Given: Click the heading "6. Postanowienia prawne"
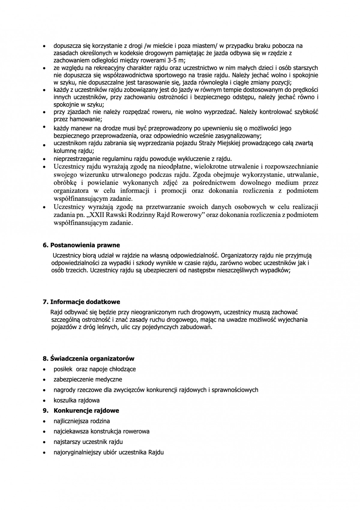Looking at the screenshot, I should [x=81, y=245].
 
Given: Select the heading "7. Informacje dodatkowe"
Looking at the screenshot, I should [x=81, y=302].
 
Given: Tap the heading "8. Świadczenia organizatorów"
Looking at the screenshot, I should [x=88, y=358].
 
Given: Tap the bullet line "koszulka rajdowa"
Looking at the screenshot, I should [x=76, y=400].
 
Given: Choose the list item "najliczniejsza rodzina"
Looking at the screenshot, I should [x=82, y=421].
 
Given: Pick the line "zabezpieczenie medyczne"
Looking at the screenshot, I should [x=88, y=379].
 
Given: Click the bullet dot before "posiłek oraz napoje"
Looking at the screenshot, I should [x=44, y=369].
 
